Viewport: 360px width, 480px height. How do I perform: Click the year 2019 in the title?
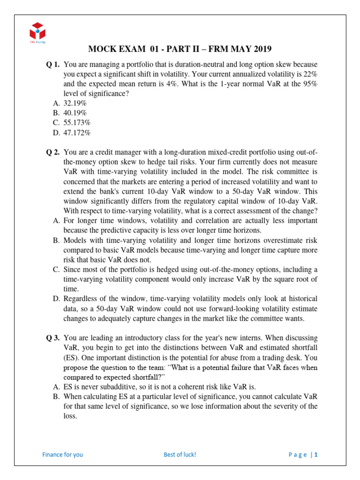point(261,49)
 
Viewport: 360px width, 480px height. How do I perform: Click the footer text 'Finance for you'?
point(62,454)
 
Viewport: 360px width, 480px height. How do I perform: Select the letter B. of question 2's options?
point(55,240)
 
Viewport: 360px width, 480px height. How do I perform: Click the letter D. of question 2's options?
point(55,299)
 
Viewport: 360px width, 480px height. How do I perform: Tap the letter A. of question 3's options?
point(55,387)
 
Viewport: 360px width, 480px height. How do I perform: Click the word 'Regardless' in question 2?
point(80,299)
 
